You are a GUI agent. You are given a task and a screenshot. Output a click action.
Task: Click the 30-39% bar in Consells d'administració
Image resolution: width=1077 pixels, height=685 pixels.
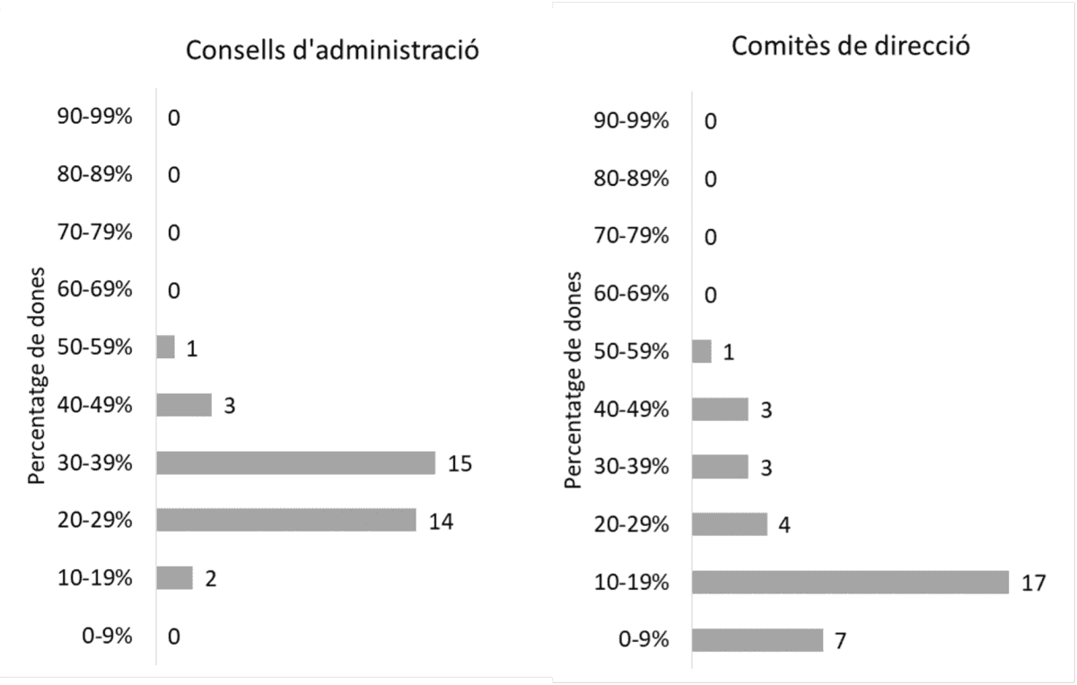click(x=295, y=463)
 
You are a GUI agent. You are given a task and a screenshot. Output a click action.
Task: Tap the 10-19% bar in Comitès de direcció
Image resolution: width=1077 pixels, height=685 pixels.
click(x=850, y=582)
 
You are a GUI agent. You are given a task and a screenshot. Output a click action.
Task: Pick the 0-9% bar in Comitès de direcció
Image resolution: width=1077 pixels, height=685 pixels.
click(x=757, y=640)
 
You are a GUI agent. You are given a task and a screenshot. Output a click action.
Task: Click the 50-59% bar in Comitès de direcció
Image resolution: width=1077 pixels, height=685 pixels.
click(x=702, y=351)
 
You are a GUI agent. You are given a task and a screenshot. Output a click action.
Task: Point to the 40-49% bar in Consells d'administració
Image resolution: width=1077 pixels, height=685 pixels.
click(x=184, y=405)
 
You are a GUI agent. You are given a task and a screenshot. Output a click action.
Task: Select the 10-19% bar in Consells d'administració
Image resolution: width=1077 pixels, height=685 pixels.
click(x=174, y=578)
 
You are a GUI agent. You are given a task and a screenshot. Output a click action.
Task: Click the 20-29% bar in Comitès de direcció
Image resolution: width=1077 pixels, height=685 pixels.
click(x=730, y=524)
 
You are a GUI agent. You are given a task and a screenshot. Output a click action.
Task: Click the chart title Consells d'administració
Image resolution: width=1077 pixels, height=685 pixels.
click(x=331, y=50)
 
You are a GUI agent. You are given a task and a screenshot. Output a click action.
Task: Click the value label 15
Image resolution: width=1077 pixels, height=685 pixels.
click(x=460, y=464)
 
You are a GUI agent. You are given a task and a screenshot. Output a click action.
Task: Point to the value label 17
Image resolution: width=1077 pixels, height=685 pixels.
click(x=1033, y=583)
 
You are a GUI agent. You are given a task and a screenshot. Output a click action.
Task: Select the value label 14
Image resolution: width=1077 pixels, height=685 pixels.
click(x=441, y=522)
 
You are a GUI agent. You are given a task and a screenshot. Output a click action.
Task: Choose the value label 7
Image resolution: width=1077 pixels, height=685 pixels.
click(x=841, y=641)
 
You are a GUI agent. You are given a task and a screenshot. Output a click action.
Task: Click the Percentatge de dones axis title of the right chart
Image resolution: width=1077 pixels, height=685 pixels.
click(x=573, y=381)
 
